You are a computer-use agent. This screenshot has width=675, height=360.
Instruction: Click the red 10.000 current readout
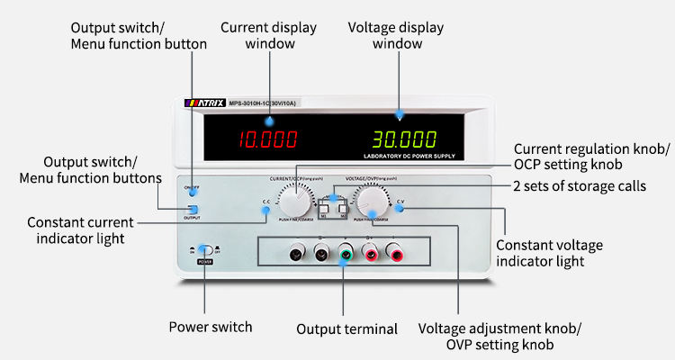coord(267,139)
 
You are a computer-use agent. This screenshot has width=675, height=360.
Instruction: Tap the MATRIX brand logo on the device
coord(206,103)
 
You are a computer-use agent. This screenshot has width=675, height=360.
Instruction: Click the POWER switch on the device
coord(205,252)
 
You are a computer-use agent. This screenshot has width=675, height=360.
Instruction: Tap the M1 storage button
coord(325,212)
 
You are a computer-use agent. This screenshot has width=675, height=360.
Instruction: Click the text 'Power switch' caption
coord(211,327)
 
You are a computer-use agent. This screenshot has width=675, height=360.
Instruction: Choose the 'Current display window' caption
coord(268,35)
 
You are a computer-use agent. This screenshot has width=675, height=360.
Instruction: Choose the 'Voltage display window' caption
coord(397,35)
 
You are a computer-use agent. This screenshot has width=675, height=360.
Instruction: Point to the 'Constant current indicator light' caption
coord(80,229)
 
